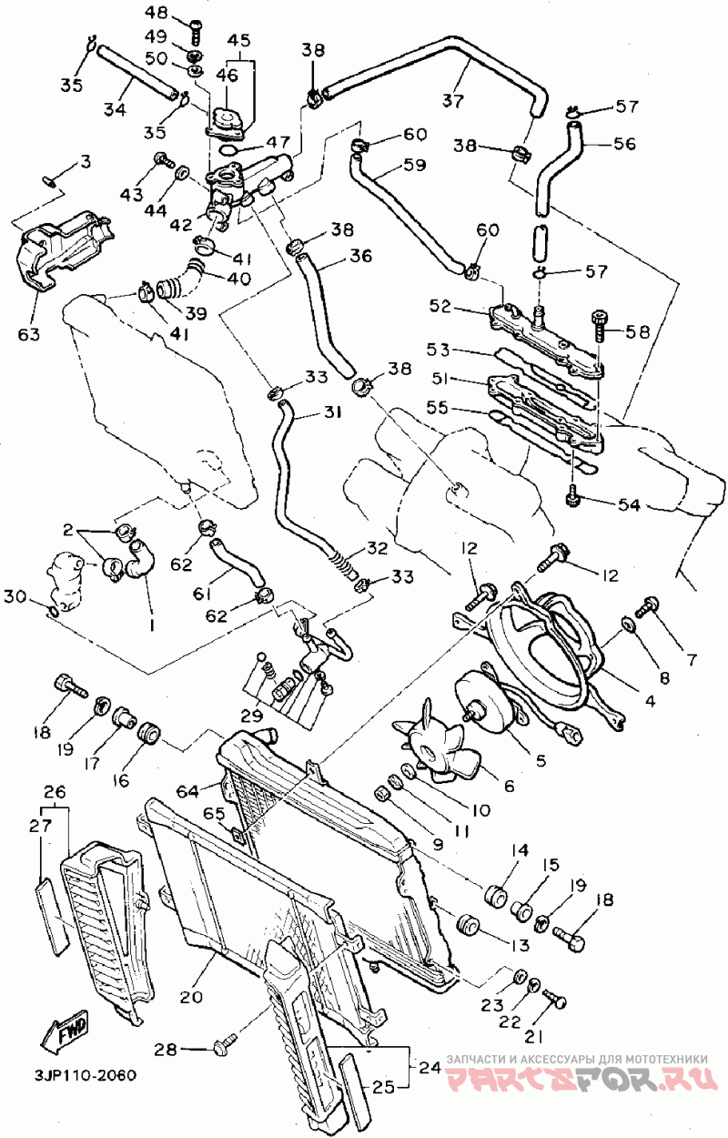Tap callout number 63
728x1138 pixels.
point(29,334)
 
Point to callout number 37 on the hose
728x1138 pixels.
point(453,100)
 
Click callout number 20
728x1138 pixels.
point(191,996)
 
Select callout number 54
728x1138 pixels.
point(629,505)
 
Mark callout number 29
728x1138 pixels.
point(251,716)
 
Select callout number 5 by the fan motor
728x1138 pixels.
point(541,760)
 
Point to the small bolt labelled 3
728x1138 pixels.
point(49,180)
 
